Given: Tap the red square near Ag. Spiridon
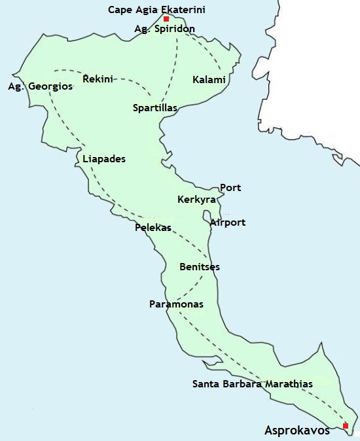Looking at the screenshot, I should pos(166,19).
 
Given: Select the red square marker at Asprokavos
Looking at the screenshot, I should pos(346,426).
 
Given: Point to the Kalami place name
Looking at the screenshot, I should pos(209,80).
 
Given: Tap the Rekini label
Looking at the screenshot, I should pos(98,79).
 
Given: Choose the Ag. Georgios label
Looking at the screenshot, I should pos(40,86).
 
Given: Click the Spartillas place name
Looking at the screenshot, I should pos(155,107).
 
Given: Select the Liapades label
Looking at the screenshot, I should pos(104,159).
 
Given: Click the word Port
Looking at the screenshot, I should pos(230,188).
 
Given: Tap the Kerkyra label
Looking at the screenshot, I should pos(193,200).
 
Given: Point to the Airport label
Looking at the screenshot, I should pos(228,222).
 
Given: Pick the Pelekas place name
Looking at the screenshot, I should pos(153,228).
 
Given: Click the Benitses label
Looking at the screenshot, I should pos(200,267).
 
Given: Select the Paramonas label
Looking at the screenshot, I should pos(176,304).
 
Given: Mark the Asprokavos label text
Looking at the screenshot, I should pos(297,431).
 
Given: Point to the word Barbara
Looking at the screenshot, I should pos(238,384).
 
